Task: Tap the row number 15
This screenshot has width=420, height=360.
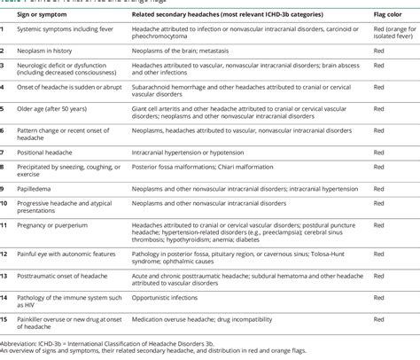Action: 6,316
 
